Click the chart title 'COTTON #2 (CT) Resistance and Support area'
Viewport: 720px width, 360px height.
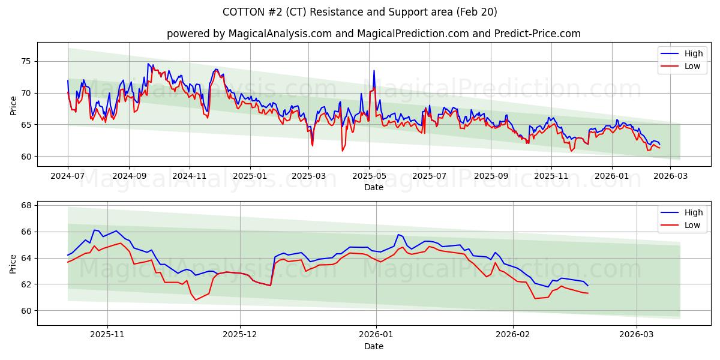coord(359,12)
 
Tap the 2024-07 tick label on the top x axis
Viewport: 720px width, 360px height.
coord(68,176)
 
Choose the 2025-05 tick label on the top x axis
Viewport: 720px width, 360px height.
coord(369,176)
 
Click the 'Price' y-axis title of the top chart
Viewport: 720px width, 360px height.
coord(13,104)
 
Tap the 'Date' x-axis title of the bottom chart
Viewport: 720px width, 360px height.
coord(373,347)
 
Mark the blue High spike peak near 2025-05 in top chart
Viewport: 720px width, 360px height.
coord(374,71)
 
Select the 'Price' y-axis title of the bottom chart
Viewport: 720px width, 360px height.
coord(13,263)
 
